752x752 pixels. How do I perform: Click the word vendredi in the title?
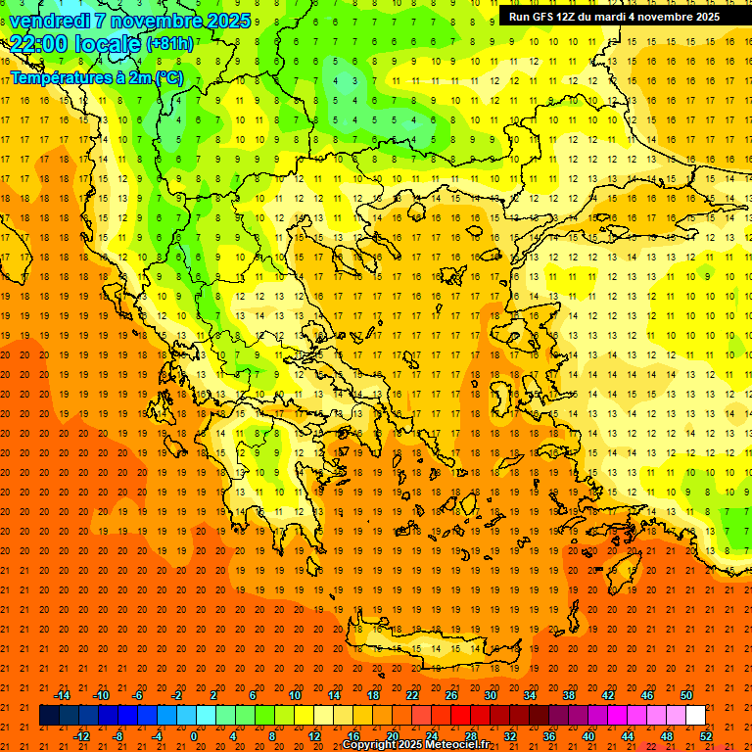49,21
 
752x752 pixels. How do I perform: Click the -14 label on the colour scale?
63,695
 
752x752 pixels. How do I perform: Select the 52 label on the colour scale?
706,736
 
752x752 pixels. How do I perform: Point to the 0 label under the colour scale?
193,736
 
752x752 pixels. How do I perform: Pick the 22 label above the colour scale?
412,695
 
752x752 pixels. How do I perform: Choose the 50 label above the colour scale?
685,695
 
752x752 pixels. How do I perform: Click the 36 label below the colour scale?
549,736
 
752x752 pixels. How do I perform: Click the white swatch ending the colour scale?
695,716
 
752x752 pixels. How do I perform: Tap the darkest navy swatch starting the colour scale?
49,716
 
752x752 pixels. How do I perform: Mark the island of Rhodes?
623,574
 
